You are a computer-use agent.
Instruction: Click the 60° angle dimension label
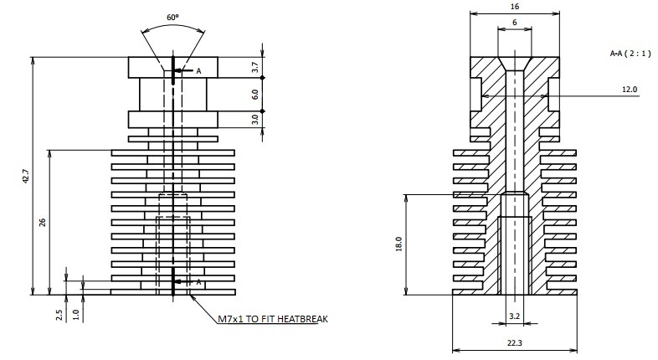pyautogui.click(x=172, y=18)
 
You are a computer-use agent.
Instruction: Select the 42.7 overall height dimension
pyautogui.click(x=26, y=176)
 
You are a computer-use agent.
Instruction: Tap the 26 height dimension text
pyautogui.click(x=43, y=223)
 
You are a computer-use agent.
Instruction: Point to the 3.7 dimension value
pyautogui.click(x=254, y=68)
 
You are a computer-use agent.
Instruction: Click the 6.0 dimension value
pyautogui.click(x=254, y=95)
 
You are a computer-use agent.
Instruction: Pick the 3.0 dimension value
pyautogui.click(x=254, y=120)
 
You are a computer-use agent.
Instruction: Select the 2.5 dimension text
pyautogui.click(x=59, y=315)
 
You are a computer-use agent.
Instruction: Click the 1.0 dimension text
pyautogui.click(x=76, y=315)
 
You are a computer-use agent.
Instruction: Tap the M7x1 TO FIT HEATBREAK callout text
pyautogui.click(x=273, y=319)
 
